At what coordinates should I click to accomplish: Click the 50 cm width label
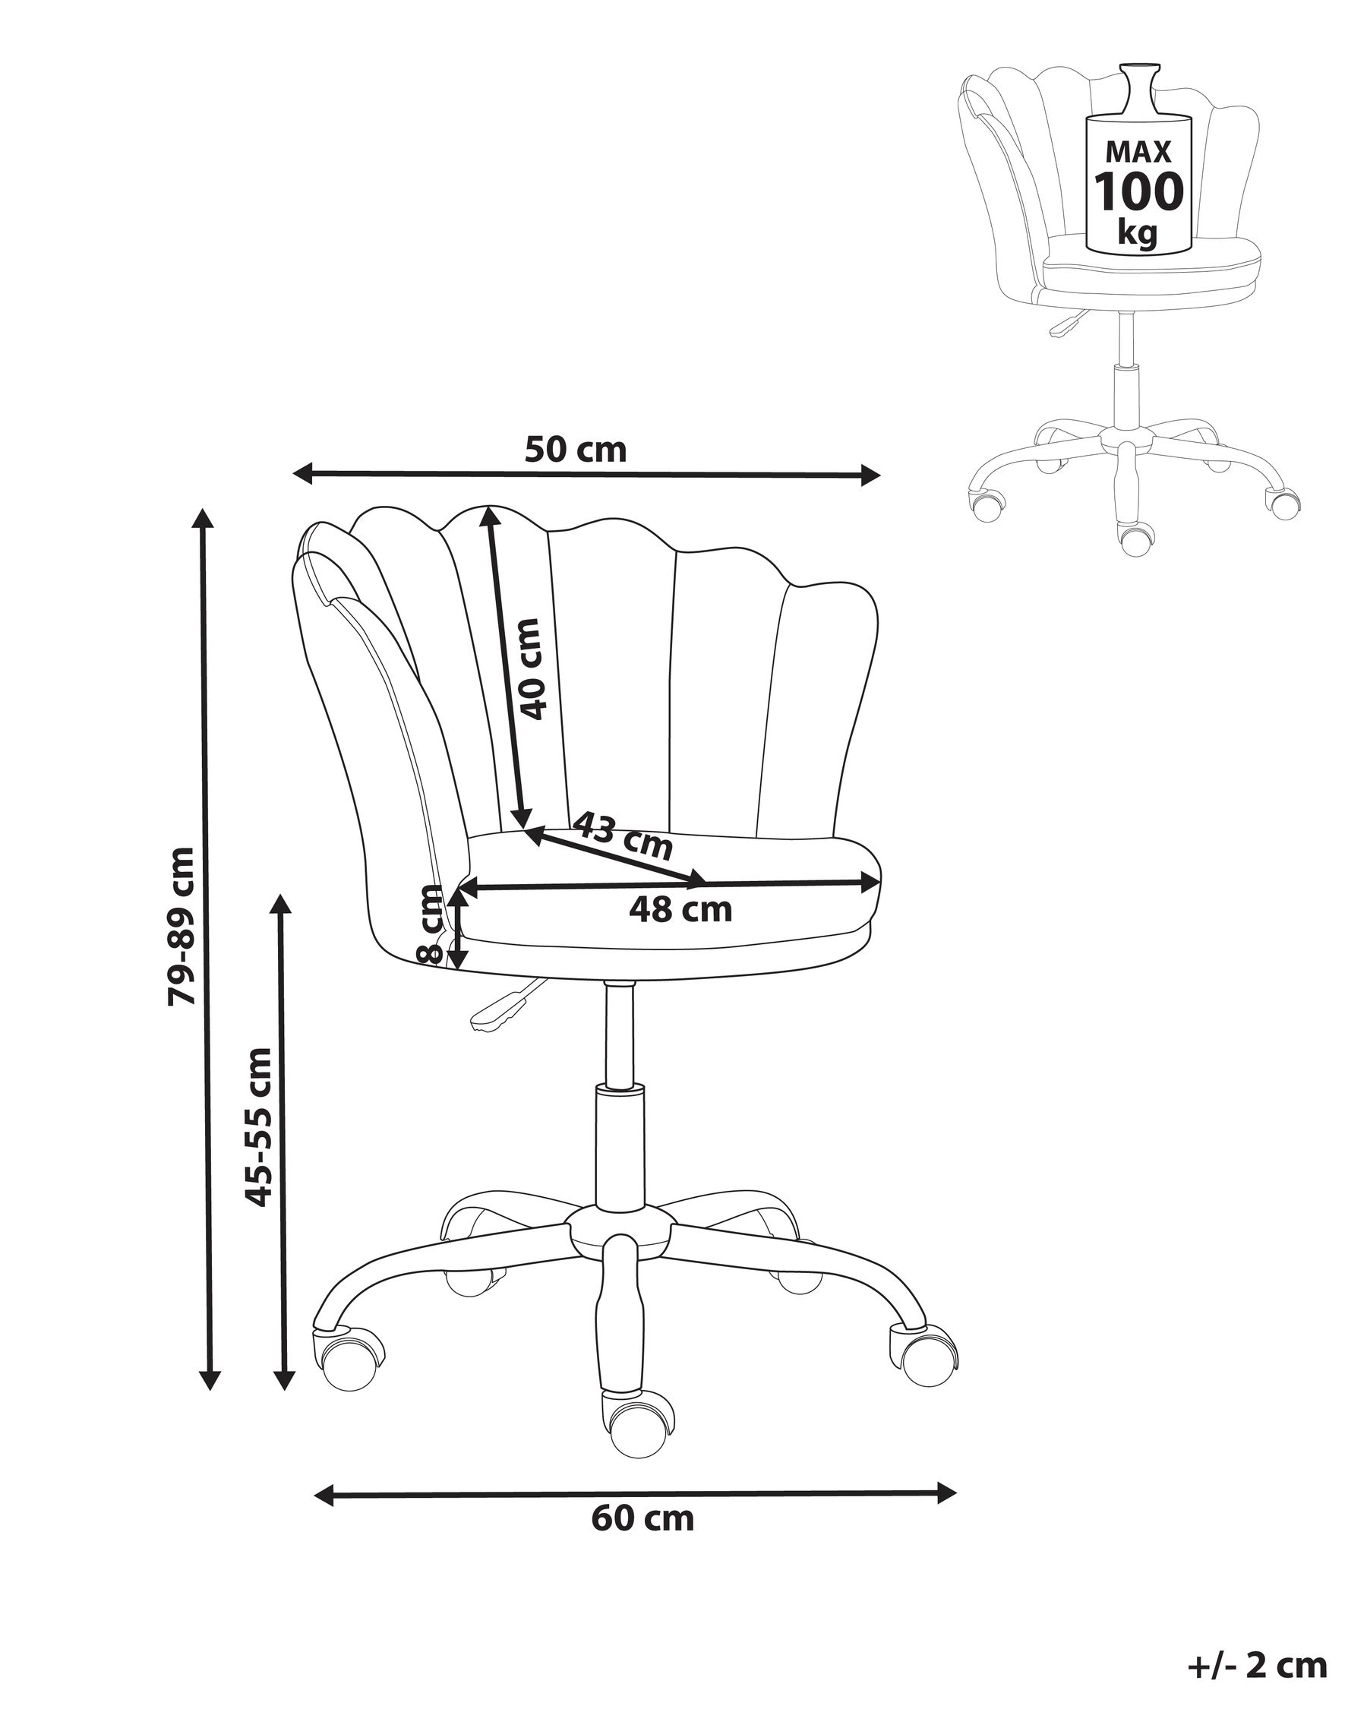pyautogui.click(x=576, y=450)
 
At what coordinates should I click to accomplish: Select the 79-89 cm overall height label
pyautogui.click(x=182, y=927)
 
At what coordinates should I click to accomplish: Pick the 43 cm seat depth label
pyautogui.click(x=622, y=836)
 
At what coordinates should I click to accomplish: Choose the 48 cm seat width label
pyautogui.click(x=680, y=909)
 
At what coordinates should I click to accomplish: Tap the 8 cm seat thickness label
pyautogui.click(x=431, y=924)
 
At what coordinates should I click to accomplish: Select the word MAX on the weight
pyautogui.click(x=1138, y=150)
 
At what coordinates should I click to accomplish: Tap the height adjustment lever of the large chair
pyautogui.click(x=505, y=1008)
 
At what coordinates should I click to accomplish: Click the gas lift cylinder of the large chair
pyautogui.click(x=619, y=1159)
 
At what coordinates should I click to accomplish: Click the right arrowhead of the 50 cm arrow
pyautogui.click(x=870, y=476)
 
